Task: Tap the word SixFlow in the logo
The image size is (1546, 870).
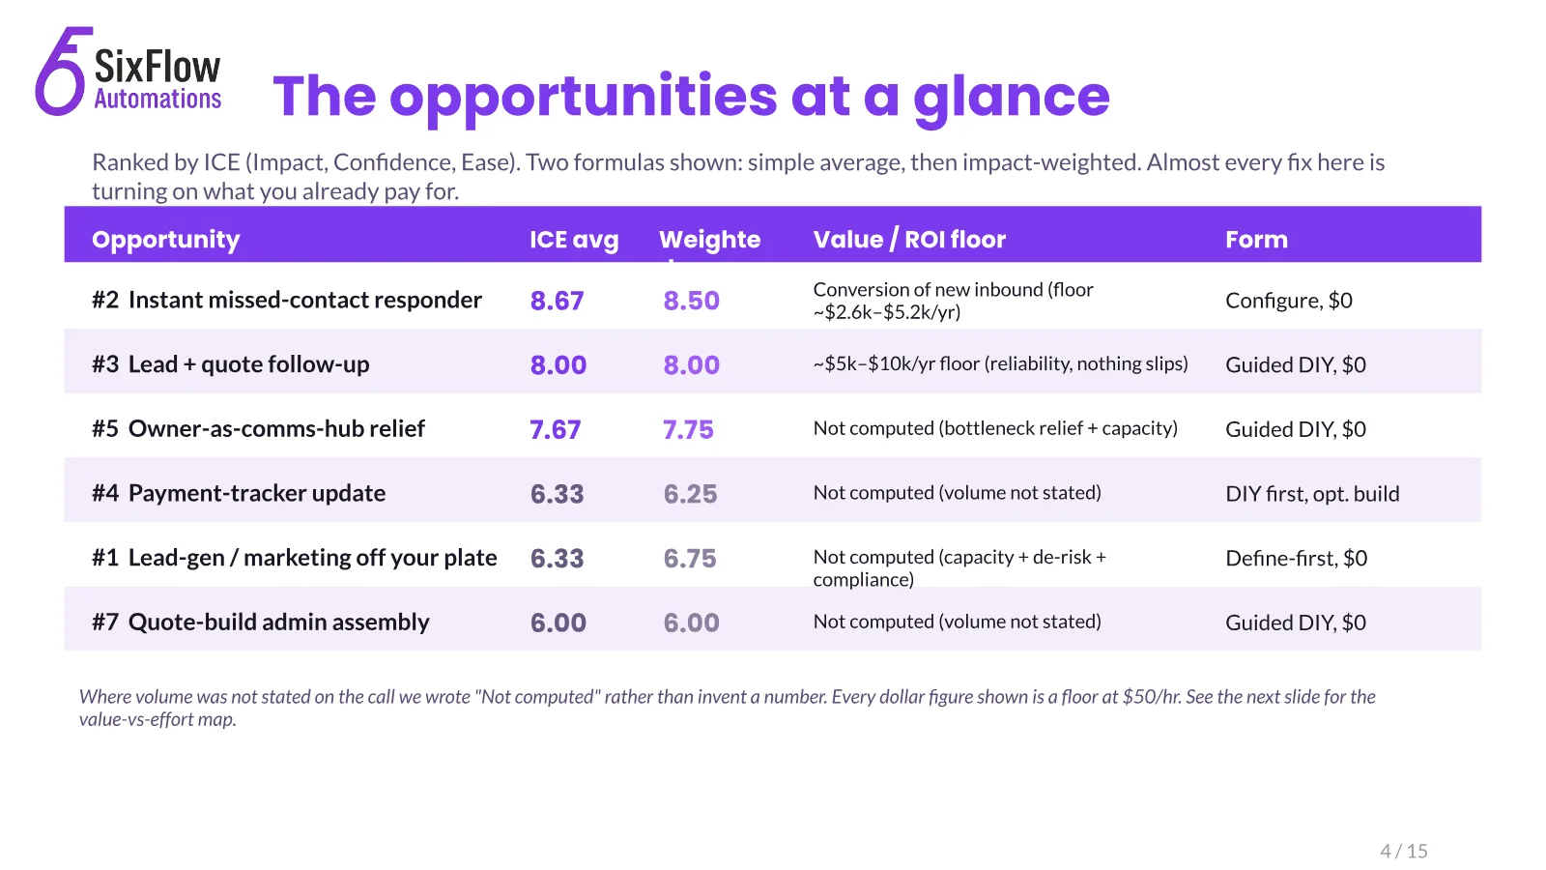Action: pos(157,67)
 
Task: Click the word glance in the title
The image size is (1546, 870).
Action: pos(1012,99)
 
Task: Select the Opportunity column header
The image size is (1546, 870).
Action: pos(165,239)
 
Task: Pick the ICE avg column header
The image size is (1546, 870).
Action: pos(574,239)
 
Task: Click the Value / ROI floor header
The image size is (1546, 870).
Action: pos(909,239)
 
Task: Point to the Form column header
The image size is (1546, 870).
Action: pos(1256,239)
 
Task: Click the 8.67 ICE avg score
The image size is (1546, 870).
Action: pos(557,301)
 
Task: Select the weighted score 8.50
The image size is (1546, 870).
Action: pos(691,301)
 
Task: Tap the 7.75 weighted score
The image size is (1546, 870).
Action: pos(688,429)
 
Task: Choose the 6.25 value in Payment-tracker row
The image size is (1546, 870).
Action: pos(690,494)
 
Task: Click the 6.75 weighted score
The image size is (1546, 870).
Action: pos(690,558)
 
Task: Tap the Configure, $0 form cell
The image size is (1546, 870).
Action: pos(1289,301)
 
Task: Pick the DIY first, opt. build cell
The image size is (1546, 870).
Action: pos(1312,493)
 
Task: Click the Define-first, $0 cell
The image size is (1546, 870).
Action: pos(1296,558)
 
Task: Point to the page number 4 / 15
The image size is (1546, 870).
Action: pos(1404,851)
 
